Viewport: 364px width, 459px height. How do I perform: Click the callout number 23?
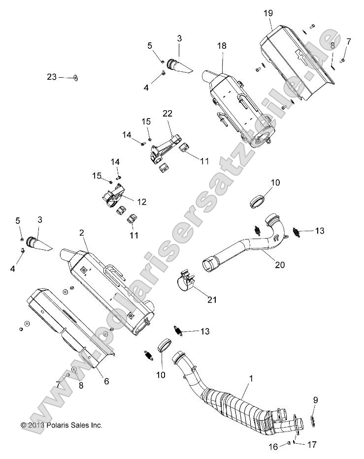click(x=52, y=77)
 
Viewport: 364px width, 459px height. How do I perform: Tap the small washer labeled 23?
click(x=75, y=77)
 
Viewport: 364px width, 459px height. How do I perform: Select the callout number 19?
click(x=268, y=13)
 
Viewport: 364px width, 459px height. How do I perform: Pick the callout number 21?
click(x=212, y=300)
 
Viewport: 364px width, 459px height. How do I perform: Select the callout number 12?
click(x=142, y=201)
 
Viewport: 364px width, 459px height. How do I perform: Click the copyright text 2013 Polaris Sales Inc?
click(x=62, y=425)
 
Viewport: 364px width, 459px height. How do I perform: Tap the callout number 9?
click(x=315, y=400)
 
